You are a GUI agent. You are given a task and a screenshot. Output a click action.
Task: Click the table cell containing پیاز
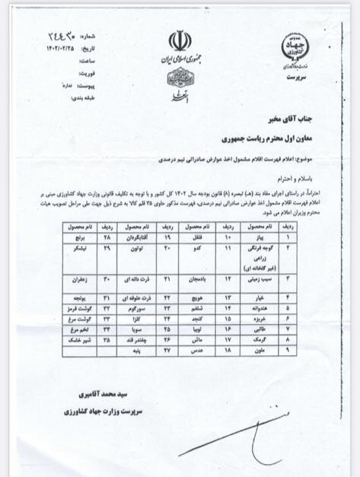point(256,237)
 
